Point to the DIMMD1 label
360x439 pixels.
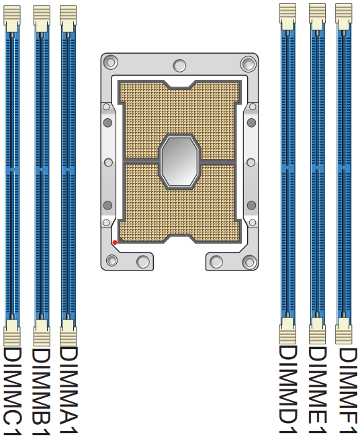pos(288,390)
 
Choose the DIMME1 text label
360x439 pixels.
pos(317,390)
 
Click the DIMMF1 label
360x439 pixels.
pos(345,390)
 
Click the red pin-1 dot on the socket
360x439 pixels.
pos(115,242)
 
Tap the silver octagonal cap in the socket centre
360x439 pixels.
pos(179,161)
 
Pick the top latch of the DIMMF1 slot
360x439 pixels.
pos(344,16)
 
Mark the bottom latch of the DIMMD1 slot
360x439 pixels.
pos(288,332)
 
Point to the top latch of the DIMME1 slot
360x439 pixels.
pos(317,16)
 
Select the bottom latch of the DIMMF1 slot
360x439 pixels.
pos(344,332)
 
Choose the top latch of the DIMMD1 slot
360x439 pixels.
pos(288,16)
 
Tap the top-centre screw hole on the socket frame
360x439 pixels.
pos(179,65)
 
